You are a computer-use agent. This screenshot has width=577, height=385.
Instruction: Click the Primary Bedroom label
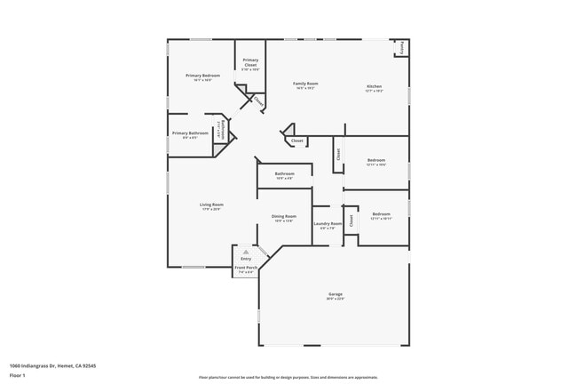pos(202,76)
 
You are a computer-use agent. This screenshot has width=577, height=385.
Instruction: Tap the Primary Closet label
pos(250,62)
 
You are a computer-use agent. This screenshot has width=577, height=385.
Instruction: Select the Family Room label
pos(305,84)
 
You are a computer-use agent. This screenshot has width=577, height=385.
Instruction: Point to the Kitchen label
pos(375,86)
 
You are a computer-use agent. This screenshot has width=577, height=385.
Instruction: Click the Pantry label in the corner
pos(403,46)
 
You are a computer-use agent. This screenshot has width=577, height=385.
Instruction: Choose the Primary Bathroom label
pos(190,133)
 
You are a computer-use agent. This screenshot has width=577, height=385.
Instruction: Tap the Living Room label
pos(211,205)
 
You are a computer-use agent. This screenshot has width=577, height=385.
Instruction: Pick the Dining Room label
pos(284,216)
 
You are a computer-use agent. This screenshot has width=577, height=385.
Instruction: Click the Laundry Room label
pos(328,224)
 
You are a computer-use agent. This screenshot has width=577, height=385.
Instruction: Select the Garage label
pos(336,294)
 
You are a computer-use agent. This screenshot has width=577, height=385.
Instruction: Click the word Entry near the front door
pos(246,259)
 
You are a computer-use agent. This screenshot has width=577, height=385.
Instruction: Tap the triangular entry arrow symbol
pos(246,252)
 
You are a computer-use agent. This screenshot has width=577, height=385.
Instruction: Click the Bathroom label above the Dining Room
pos(284,173)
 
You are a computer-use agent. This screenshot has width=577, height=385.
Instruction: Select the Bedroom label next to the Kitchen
pos(376,160)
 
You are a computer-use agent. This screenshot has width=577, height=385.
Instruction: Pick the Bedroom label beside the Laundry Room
pos(381,213)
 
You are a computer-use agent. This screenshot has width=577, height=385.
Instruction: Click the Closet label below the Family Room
pos(297,140)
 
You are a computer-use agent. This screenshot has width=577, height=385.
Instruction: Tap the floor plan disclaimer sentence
pos(288,377)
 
